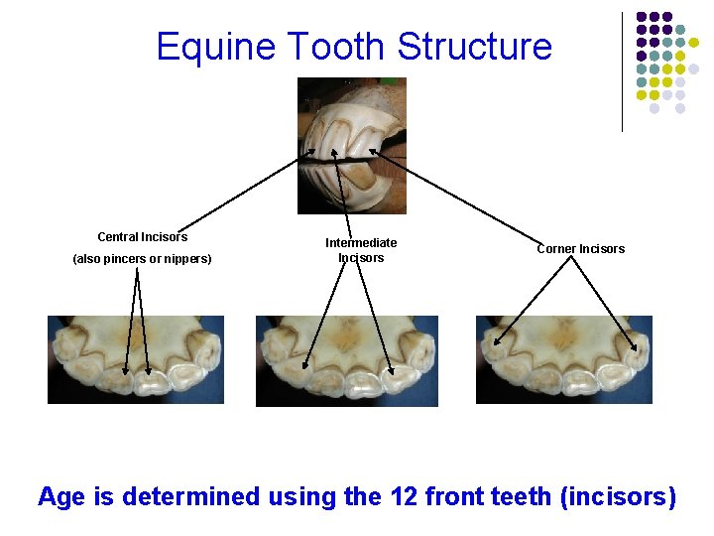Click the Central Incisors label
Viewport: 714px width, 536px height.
[142, 237]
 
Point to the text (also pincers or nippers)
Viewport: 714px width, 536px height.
[142, 260]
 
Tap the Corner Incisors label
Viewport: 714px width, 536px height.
[581, 248]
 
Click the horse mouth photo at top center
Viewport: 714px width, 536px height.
[352, 145]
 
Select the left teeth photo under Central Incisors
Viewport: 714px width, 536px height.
[136, 359]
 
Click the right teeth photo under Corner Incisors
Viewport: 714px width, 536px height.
[564, 359]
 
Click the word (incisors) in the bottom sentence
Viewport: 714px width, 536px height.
[618, 495]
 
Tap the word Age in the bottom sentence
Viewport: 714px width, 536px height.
[62, 495]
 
